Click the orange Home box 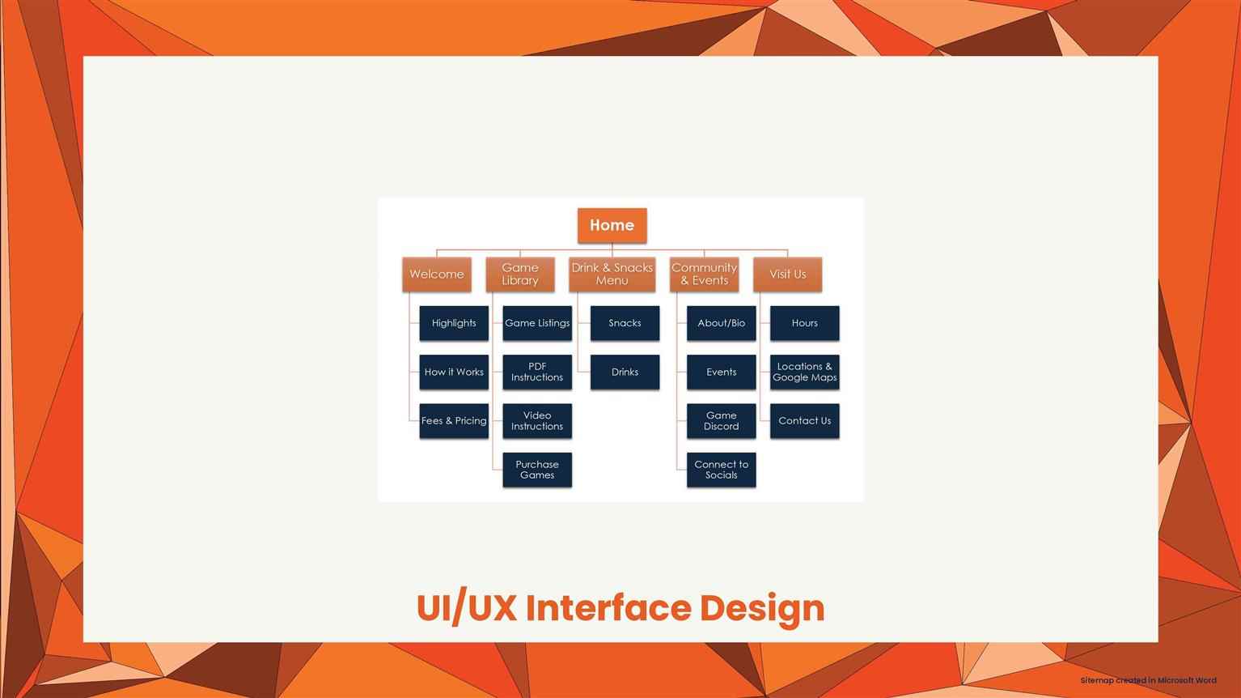612,225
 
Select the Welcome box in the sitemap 437,274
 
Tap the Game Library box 519,274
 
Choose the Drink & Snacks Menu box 612,274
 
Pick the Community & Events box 704,274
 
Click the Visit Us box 787,274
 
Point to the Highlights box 454,322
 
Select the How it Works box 454,372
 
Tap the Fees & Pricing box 454,421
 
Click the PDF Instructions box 537,372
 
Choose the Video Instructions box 537,421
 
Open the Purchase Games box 537,470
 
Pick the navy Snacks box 625,322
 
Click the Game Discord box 722,421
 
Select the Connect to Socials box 722,470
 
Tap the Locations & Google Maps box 804,372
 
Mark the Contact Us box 804,421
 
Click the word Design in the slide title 762,609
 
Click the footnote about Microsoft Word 1149,680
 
